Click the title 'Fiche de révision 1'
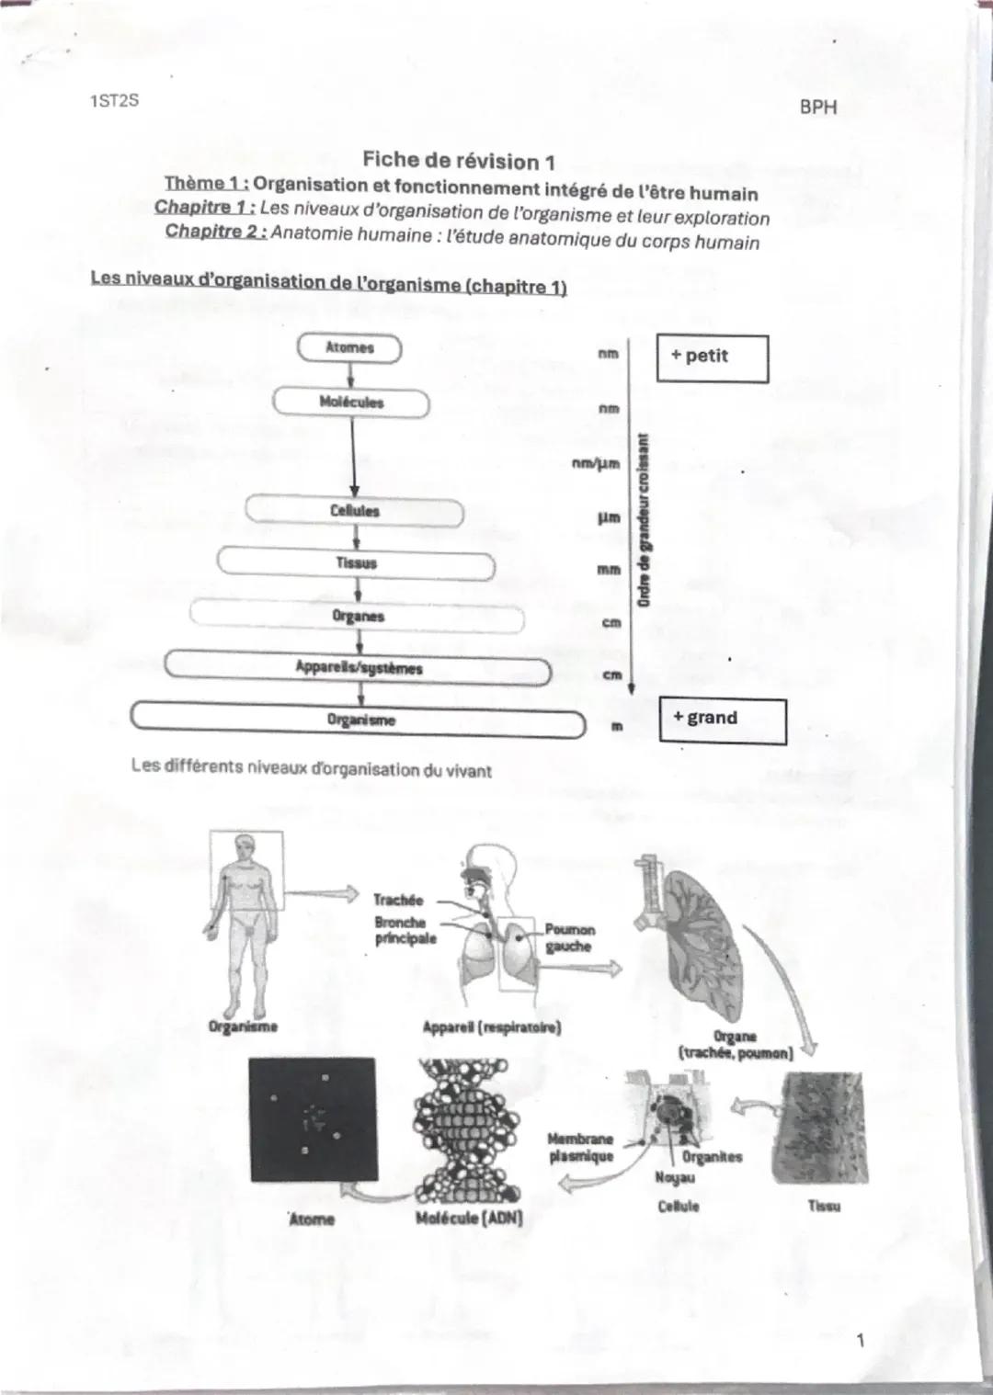click(x=458, y=161)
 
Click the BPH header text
click(x=817, y=107)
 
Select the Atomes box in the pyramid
click(x=350, y=348)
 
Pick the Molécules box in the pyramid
click(x=351, y=403)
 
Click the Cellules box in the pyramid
click(x=354, y=511)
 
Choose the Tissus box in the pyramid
click(x=356, y=562)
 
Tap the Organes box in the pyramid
click(x=357, y=616)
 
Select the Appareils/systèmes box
click(x=358, y=668)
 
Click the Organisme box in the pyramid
click(x=359, y=720)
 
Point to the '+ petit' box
click(x=712, y=357)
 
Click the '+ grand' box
click(x=723, y=720)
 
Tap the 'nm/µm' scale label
click(x=595, y=464)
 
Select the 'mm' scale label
click(x=608, y=570)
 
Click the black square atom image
click(x=314, y=1119)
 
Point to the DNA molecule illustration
click(x=469, y=1132)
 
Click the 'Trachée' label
click(x=397, y=900)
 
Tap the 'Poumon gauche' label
click(x=569, y=938)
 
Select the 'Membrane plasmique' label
click(x=579, y=1147)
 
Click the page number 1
click(x=860, y=1341)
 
